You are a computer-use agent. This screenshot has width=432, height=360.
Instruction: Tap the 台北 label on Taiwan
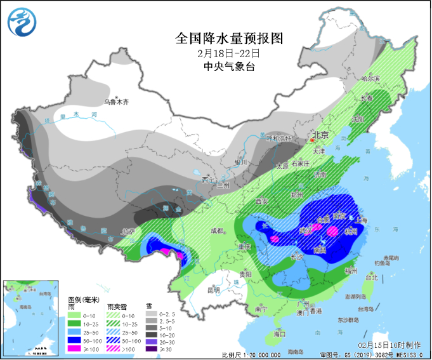click(x=371, y=277)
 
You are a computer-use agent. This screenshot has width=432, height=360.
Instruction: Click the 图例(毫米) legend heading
click(x=82, y=299)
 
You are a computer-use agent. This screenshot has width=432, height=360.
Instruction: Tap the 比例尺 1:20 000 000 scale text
click(x=252, y=354)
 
